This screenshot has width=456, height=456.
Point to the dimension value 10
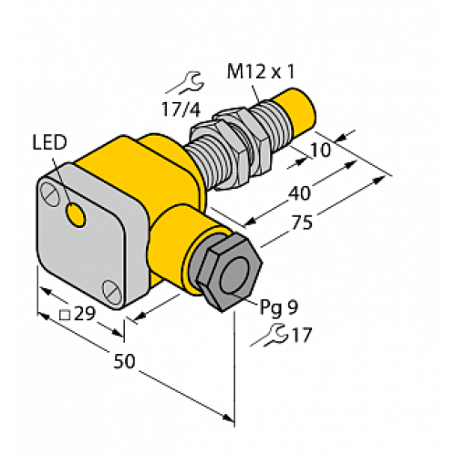(x=322, y=149)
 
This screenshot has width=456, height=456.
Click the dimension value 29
(x=86, y=315)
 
